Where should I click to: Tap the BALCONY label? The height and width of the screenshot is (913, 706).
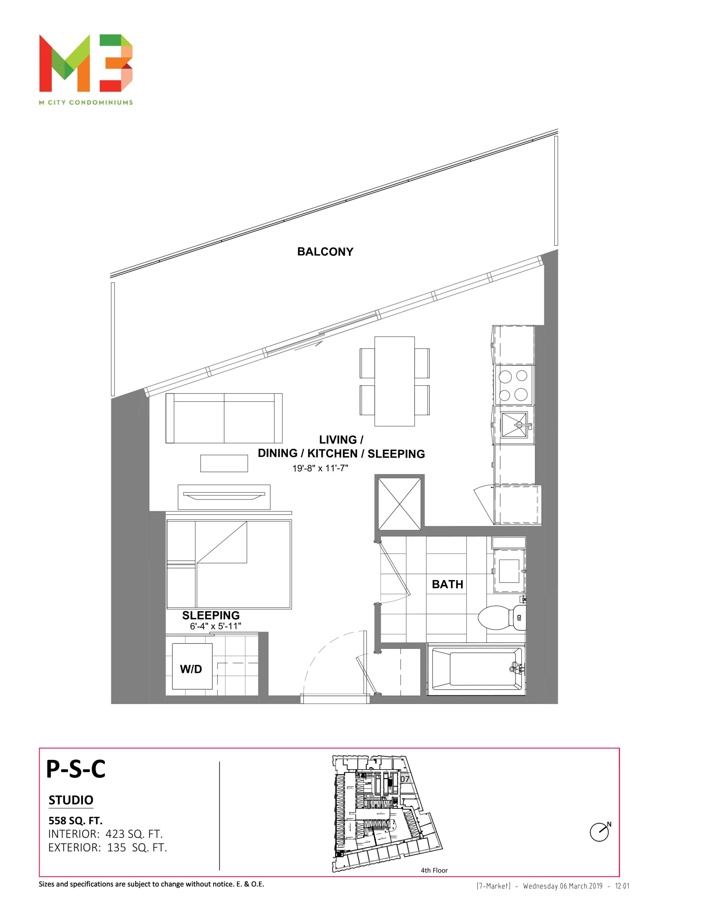click(x=325, y=252)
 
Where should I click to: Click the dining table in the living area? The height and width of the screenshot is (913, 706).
click(x=395, y=381)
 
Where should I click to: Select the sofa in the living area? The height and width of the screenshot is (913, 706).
click(x=224, y=418)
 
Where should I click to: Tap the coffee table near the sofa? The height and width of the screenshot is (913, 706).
click(x=224, y=463)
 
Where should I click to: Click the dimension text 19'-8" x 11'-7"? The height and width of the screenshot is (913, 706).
click(x=320, y=468)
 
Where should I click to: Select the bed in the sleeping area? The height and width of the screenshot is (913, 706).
click(x=229, y=564)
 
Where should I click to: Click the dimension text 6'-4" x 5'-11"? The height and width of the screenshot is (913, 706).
click(x=215, y=626)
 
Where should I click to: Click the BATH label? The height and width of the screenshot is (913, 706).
click(x=447, y=584)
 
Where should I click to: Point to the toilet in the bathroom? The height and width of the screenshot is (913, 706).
click(x=502, y=617)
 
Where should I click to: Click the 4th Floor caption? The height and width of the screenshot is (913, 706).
click(x=434, y=870)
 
